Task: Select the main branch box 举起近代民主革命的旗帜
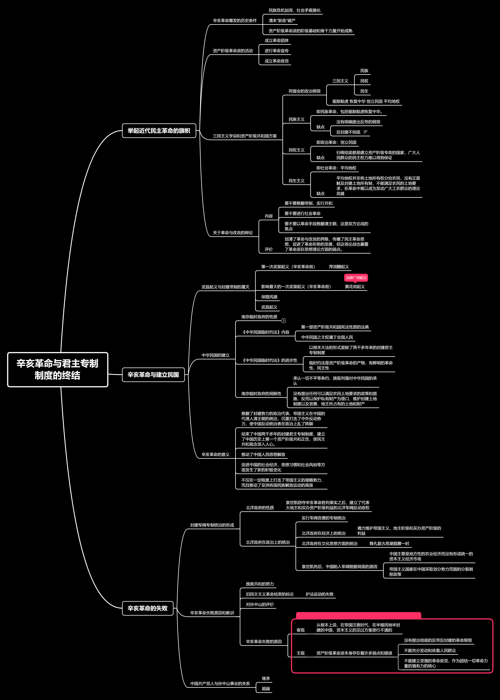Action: [x=159, y=131]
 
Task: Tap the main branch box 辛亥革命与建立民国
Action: [x=153, y=374]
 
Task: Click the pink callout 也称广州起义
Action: [x=356, y=278]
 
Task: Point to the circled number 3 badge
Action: [x=284, y=321]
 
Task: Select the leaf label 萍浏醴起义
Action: [x=339, y=267]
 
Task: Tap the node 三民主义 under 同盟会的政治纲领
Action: [x=340, y=81]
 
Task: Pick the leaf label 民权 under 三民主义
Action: [x=364, y=81]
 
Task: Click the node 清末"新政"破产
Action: [x=282, y=21]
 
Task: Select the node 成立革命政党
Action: [x=276, y=61]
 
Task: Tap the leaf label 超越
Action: [x=266, y=689]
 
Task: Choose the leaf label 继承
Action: [x=266, y=678]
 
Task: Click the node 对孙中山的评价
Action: [x=260, y=605]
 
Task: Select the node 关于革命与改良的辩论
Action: [x=233, y=233]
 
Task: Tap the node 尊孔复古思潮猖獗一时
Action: [x=389, y=543]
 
